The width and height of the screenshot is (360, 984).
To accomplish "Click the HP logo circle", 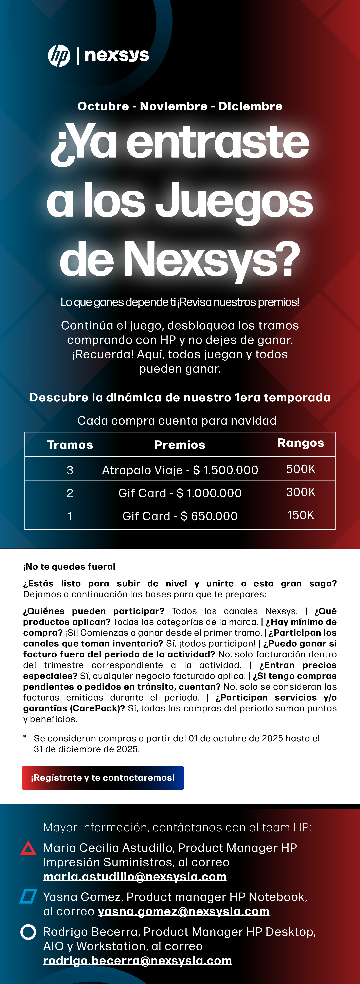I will click(59, 56).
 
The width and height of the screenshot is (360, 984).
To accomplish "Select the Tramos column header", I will click(70, 445).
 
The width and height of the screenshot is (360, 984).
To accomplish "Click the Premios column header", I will click(180, 445).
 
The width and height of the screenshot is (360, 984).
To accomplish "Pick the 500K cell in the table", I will click(301, 469).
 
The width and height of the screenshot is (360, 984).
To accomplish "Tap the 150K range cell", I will click(301, 515).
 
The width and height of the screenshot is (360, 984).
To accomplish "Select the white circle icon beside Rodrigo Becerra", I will click(28, 932).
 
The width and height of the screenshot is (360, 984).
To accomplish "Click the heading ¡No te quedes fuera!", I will click(69, 566).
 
